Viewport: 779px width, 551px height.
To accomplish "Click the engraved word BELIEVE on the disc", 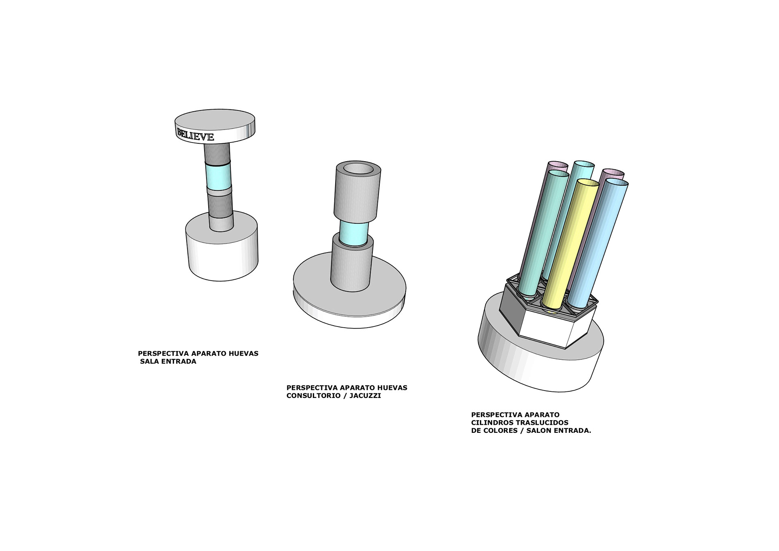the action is click(x=195, y=134).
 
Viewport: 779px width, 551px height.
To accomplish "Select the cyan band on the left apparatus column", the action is click(x=218, y=175).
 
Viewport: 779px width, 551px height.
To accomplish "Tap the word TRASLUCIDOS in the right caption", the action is click(x=542, y=423).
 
